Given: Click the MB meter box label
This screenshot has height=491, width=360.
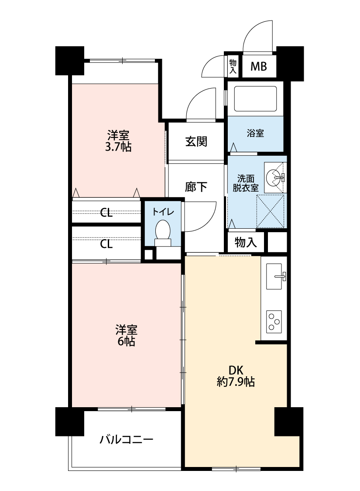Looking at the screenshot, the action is [x=259, y=66].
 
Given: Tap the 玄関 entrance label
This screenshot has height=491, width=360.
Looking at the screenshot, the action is [x=196, y=141].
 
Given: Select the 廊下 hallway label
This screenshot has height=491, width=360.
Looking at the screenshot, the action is [x=196, y=187].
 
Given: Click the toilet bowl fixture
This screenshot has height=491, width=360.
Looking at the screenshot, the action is [x=163, y=233].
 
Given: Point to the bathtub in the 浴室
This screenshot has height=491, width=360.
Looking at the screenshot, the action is [x=256, y=98].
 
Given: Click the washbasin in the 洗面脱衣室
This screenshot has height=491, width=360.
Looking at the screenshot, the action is [x=275, y=178].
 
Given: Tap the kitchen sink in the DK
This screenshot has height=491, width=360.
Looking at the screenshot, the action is [x=275, y=276].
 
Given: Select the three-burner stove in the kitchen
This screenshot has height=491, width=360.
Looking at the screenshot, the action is [x=274, y=322].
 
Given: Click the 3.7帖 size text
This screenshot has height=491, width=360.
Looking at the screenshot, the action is [x=118, y=147].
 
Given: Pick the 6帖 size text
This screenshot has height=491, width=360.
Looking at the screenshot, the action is [x=126, y=341].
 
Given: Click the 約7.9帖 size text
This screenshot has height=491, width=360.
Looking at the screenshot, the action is [x=236, y=382].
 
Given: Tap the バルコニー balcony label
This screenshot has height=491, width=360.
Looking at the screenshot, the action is [x=127, y=439].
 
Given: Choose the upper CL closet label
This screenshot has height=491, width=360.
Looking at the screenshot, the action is [x=106, y=213].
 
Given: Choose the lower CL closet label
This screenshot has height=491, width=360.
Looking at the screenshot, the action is [x=106, y=244].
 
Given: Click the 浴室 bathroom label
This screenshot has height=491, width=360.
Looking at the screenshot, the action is [x=255, y=134].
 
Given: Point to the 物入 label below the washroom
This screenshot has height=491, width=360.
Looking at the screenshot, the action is [x=246, y=242].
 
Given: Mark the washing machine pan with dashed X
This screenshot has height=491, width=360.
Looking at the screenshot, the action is [x=270, y=211].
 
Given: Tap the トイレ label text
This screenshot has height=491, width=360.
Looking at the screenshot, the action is [x=163, y=212].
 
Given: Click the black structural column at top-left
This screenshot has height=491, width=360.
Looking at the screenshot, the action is [x=70, y=61].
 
